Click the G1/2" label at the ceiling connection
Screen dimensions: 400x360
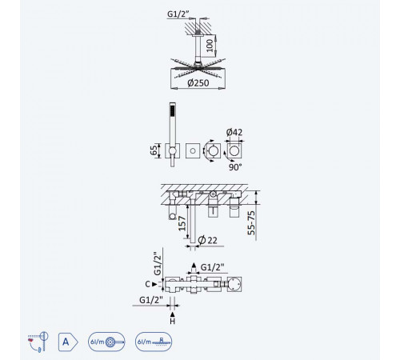178,14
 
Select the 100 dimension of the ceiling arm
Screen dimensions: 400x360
210,46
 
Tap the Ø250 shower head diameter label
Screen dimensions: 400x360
198,83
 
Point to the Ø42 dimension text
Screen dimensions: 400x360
234,132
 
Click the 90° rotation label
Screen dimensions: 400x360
235,167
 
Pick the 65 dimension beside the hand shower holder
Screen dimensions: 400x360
154,150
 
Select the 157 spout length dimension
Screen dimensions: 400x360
182,223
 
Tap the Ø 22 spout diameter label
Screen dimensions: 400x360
208,240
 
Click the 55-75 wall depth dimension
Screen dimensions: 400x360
251,223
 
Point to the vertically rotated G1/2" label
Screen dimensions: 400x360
158,264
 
